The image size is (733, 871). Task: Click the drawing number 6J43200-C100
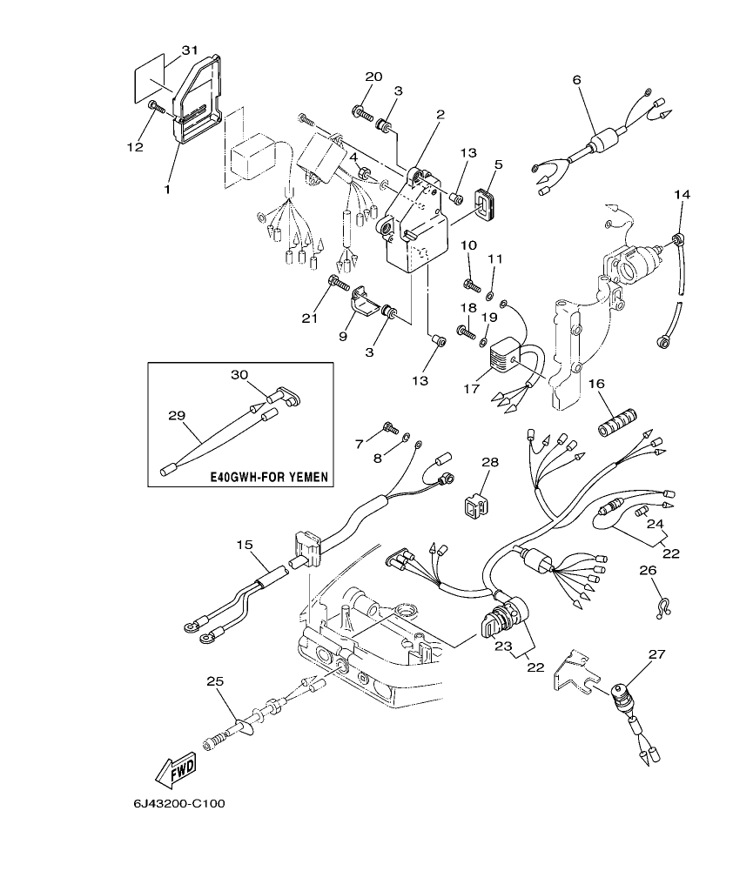click(x=179, y=803)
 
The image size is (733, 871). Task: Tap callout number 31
click(x=190, y=50)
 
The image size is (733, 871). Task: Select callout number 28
click(x=489, y=462)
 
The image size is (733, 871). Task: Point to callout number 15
click(x=245, y=545)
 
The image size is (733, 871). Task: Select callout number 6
click(x=575, y=80)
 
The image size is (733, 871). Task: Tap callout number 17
click(x=471, y=389)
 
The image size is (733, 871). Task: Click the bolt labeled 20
click(x=362, y=111)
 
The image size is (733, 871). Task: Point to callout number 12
click(x=134, y=148)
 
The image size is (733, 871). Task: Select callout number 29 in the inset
click(x=177, y=415)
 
